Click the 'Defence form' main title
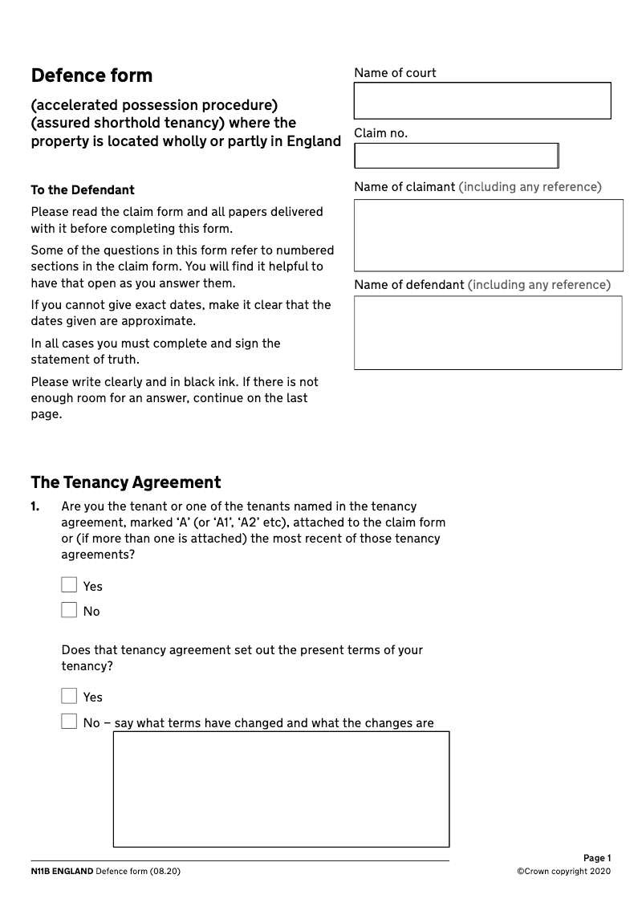[91, 76]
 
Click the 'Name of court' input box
[481, 101]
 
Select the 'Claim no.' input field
[456, 156]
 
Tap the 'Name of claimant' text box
[488, 235]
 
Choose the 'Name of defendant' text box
[488, 332]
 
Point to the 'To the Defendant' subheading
[83, 190]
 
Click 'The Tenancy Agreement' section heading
[125, 482]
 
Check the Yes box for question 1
[69, 585]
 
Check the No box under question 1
[69, 610]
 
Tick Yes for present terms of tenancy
[69, 696]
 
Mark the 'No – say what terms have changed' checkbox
[69, 722]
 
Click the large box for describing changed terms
[281, 788]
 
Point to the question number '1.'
[35, 506]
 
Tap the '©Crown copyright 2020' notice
[563, 872]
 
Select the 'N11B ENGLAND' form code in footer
[62, 872]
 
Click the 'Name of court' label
[395, 73]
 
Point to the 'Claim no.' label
[380, 133]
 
